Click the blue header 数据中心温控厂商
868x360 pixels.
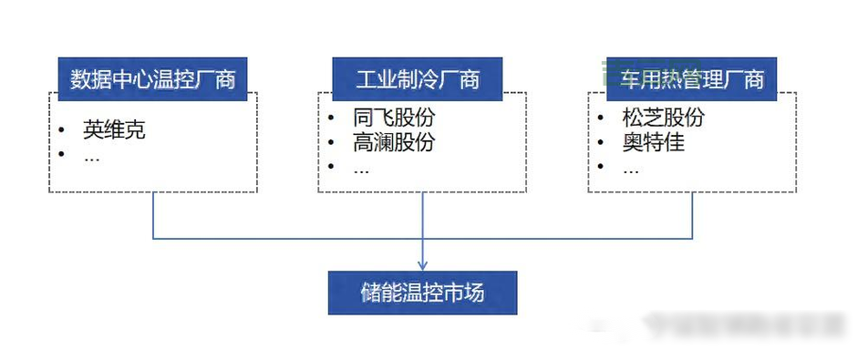[153, 79]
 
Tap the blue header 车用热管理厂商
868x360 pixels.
[692, 79]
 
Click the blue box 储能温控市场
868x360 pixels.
[422, 293]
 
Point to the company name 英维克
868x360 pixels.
[114, 129]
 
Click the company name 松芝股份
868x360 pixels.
[664, 118]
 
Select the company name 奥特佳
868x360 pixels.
[654, 142]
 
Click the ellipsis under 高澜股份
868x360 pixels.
[361, 168]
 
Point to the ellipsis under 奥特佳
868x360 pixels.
[631, 168]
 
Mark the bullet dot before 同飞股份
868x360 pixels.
[331, 118]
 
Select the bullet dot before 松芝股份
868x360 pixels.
[601, 118]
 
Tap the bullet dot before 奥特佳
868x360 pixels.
[601, 143]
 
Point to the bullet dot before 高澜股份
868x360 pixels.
[331, 143]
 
